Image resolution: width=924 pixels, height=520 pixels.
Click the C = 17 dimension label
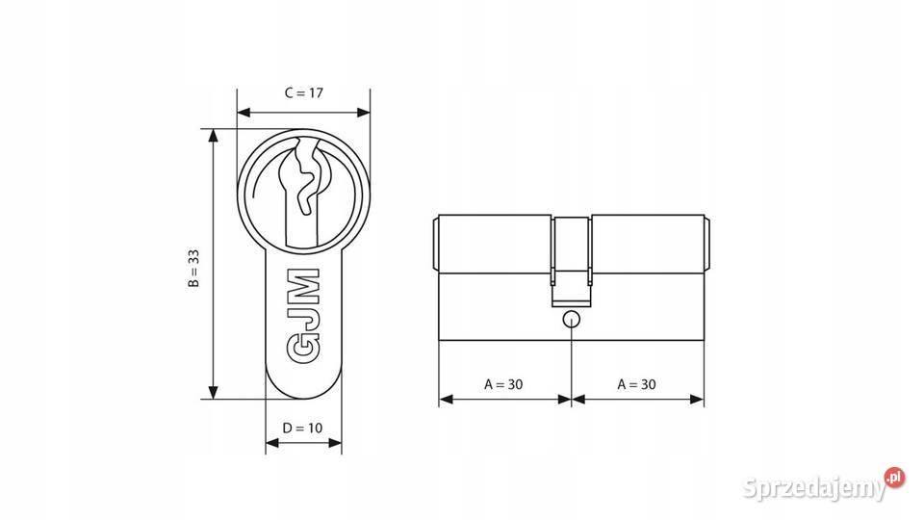pyautogui.click(x=303, y=93)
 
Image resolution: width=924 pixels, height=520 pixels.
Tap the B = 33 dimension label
pyautogui.click(x=193, y=269)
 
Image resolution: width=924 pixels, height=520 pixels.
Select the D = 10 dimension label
pyautogui.click(x=302, y=428)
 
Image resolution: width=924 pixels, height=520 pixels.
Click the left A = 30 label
pyautogui.click(x=503, y=384)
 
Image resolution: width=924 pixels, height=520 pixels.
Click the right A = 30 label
pyautogui.click(x=636, y=384)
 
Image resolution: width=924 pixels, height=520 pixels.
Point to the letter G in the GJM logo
pyautogui.click(x=303, y=351)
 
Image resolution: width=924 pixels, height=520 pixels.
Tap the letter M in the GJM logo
pyautogui.click(x=303, y=288)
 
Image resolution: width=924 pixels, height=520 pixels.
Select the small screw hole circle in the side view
pyautogui.click(x=572, y=319)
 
